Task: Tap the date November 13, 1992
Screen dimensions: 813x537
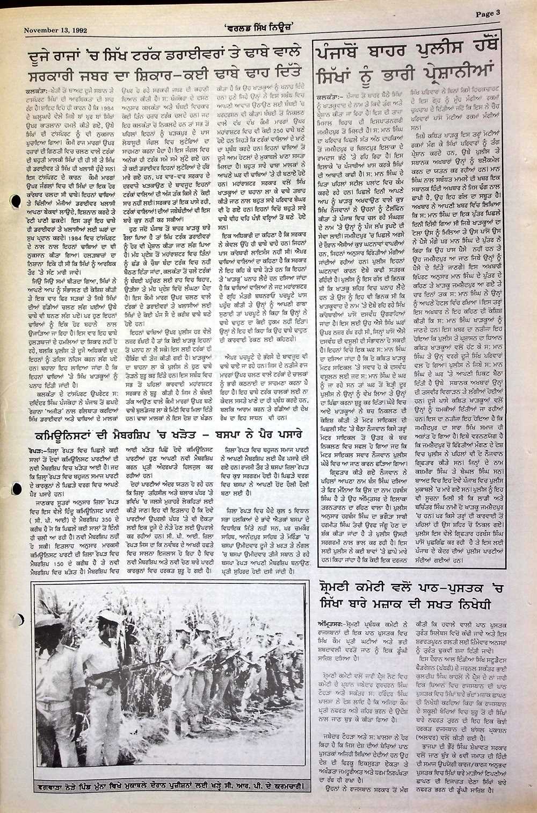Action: [56, 31]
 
